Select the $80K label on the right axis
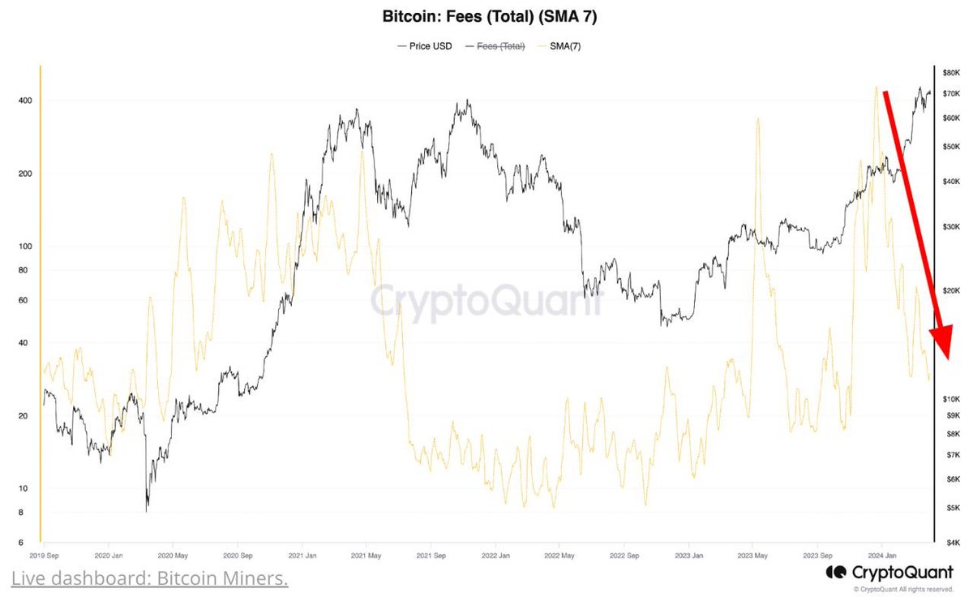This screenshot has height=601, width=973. click(951, 73)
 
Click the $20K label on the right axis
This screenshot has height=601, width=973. click(951, 290)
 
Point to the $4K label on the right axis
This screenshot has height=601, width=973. click(953, 543)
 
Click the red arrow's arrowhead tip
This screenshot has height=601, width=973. click(945, 358)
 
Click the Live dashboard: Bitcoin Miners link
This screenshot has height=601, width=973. click(149, 579)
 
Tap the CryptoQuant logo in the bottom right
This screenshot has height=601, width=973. click(889, 573)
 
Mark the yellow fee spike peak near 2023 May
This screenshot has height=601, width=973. click(757, 118)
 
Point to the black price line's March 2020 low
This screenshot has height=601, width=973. click(147, 511)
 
